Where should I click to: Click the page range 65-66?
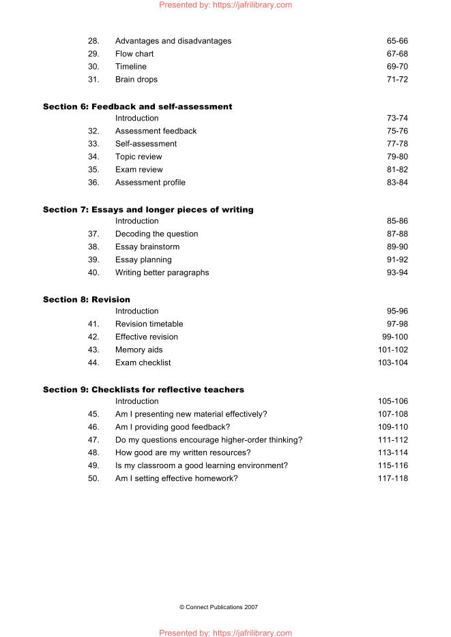click(397, 41)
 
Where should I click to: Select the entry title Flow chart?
click(134, 54)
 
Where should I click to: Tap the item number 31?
click(93, 80)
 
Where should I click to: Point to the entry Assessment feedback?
click(156, 131)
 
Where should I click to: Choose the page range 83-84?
click(397, 183)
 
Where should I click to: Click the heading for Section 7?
click(148, 210)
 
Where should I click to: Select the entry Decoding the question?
click(156, 234)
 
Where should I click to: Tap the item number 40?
click(93, 273)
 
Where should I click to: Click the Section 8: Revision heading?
click(87, 300)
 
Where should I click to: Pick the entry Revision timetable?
click(149, 324)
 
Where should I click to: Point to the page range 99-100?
click(395, 337)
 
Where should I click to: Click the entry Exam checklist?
click(143, 363)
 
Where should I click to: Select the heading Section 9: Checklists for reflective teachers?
click(143, 390)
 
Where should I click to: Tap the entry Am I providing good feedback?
click(173, 427)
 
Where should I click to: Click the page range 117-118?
click(393, 479)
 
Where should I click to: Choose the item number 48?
click(93, 453)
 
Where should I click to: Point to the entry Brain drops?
click(136, 80)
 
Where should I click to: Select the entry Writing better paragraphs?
click(162, 273)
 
